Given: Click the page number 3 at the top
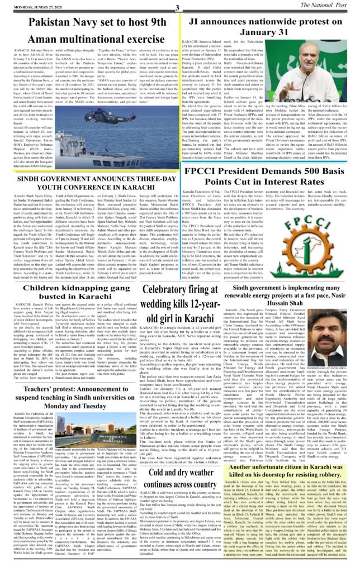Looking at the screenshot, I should (176, 7).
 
